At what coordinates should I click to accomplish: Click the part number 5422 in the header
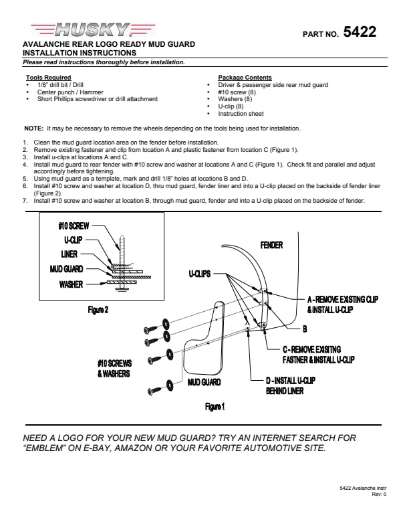360,32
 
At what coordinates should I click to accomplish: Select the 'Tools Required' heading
43,78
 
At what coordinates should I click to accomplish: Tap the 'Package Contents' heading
245,78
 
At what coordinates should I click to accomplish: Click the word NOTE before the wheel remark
33,128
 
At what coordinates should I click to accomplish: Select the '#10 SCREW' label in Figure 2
74,226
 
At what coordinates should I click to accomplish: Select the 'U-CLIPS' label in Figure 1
199,274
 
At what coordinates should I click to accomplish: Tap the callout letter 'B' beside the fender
304,329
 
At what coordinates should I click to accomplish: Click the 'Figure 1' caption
215,406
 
